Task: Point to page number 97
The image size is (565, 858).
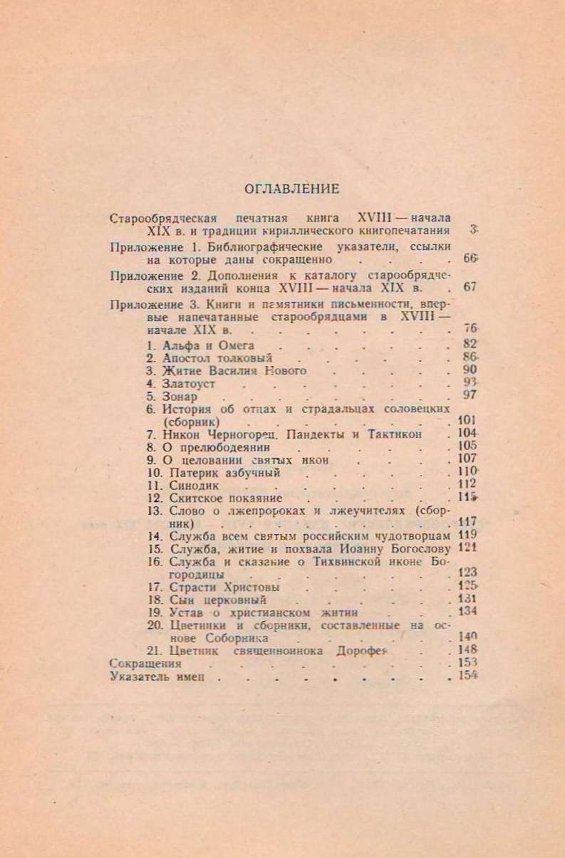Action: (x=469, y=396)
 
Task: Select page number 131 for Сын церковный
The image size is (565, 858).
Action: (x=467, y=600)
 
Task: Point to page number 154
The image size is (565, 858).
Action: (x=467, y=676)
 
